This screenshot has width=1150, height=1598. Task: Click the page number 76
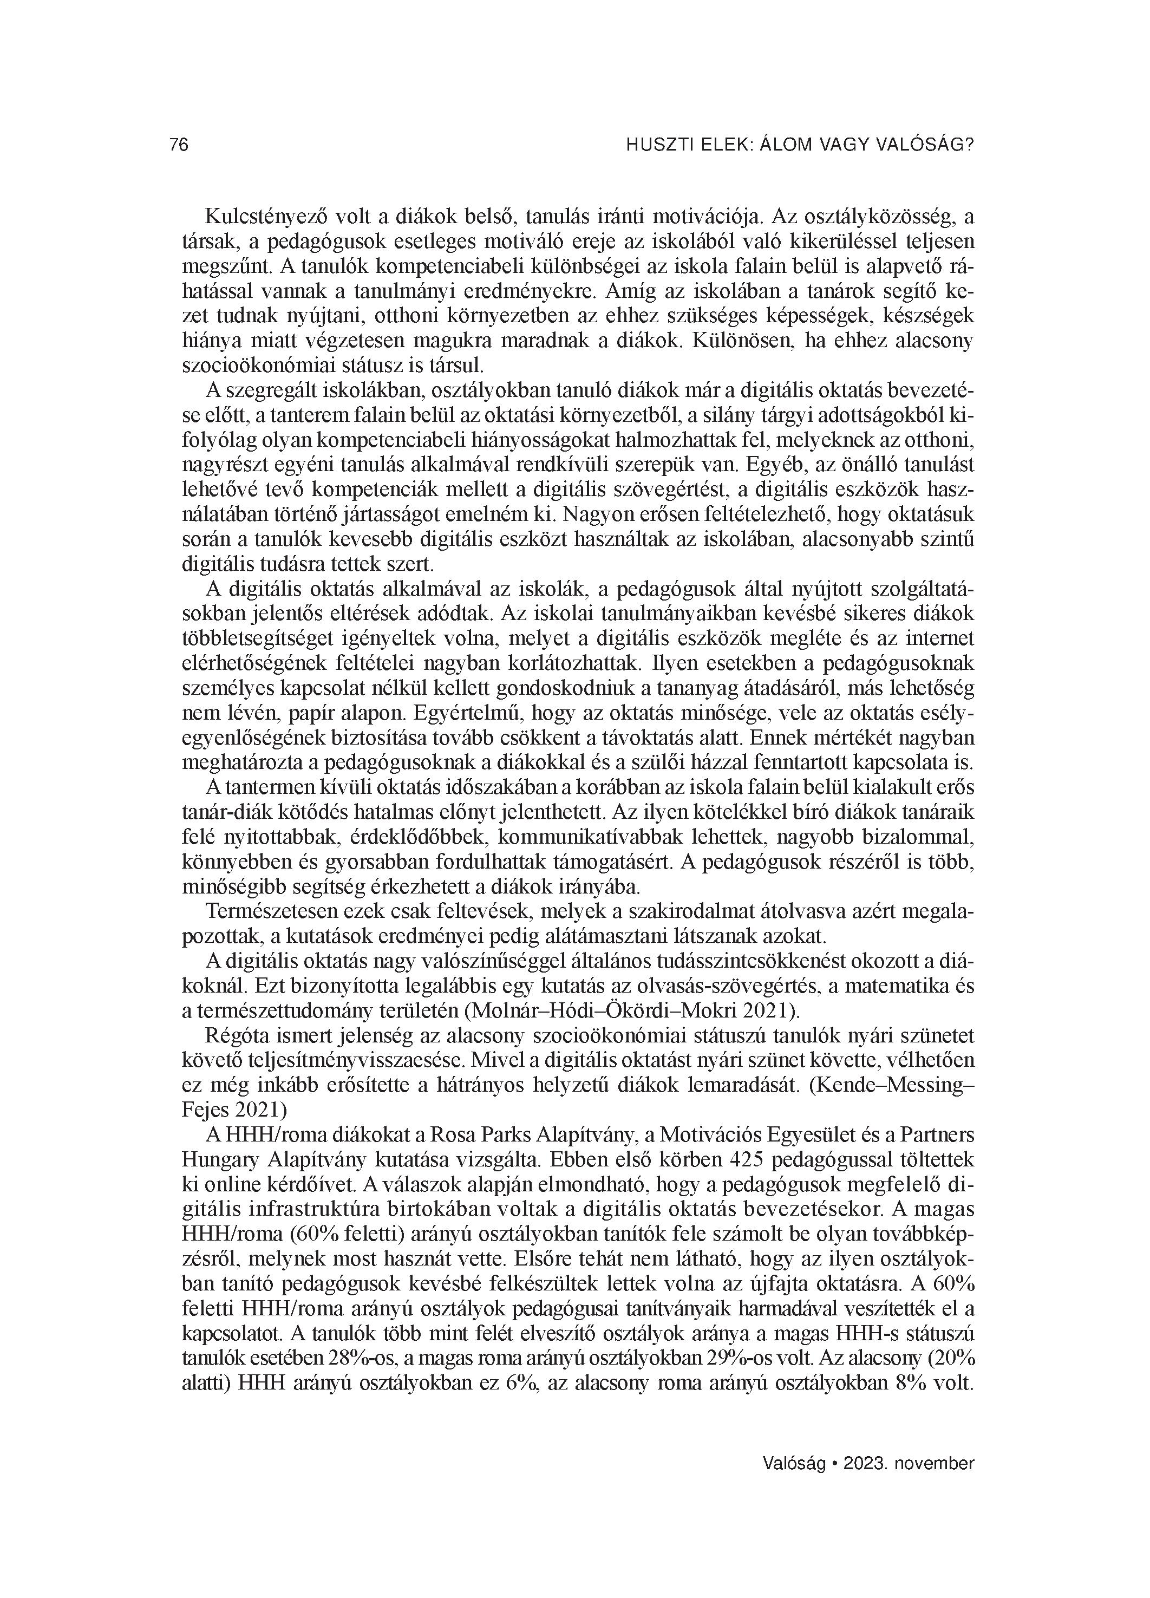179,145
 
